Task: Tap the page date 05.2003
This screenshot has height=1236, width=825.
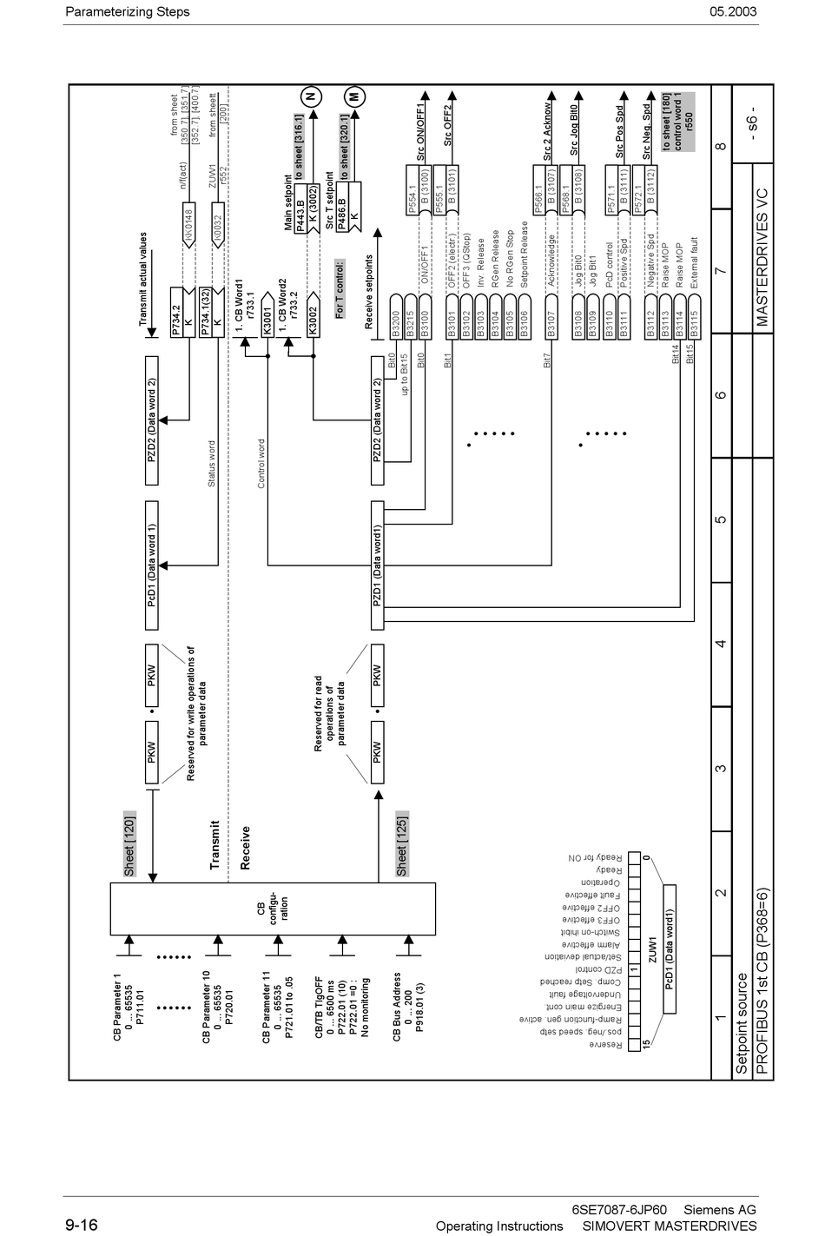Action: pyautogui.click(x=732, y=11)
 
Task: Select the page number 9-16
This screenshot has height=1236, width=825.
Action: pyautogui.click(x=81, y=1226)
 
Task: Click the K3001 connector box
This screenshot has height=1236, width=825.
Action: pyautogui.click(x=268, y=322)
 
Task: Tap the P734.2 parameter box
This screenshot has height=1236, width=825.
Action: pyautogui.click(x=175, y=321)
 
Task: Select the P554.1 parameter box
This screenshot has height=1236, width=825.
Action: pyautogui.click(x=412, y=199)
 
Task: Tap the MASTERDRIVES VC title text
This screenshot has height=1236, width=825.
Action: pyautogui.click(x=762, y=268)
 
